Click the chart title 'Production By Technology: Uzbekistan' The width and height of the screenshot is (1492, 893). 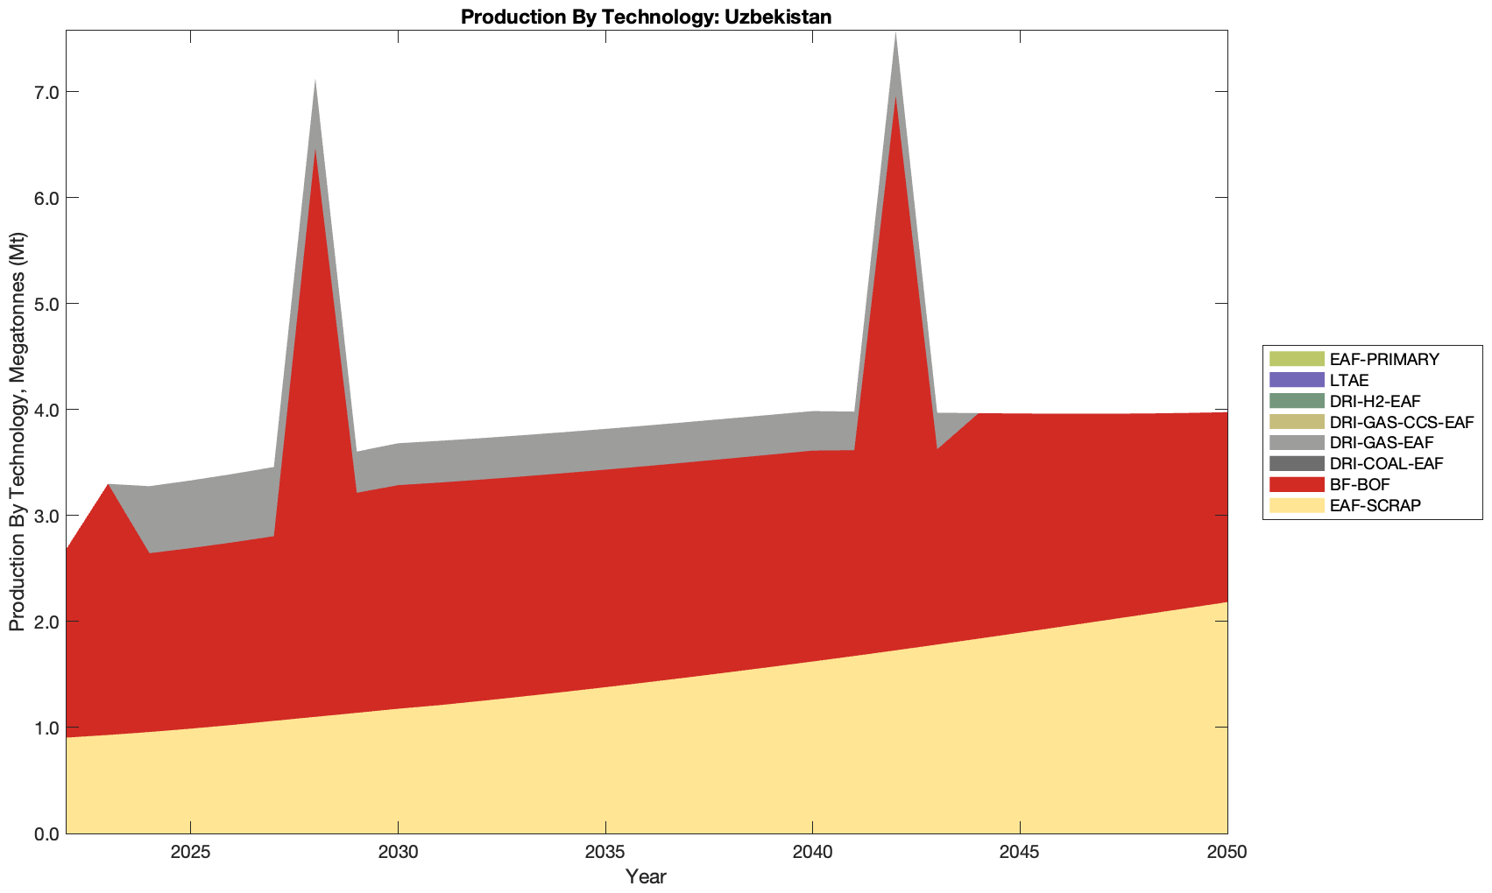(x=646, y=16)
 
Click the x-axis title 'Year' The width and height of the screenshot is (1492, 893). (x=646, y=876)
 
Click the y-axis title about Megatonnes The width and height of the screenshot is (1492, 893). (x=18, y=432)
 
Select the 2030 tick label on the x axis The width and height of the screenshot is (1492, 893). (x=398, y=853)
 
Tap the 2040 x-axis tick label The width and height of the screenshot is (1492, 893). (x=812, y=853)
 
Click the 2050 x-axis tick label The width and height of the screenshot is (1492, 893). (x=1227, y=853)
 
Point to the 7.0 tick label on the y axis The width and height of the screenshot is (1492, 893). (x=42, y=92)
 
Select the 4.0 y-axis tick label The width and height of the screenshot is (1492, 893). (x=42, y=410)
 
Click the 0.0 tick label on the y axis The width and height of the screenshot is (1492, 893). (x=42, y=833)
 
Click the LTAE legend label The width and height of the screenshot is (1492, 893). (x=1348, y=380)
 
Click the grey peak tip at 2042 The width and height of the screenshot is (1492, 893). (x=895, y=35)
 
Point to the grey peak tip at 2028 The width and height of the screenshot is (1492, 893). (x=315, y=82)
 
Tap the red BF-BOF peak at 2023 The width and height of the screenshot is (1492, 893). (x=108, y=486)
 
